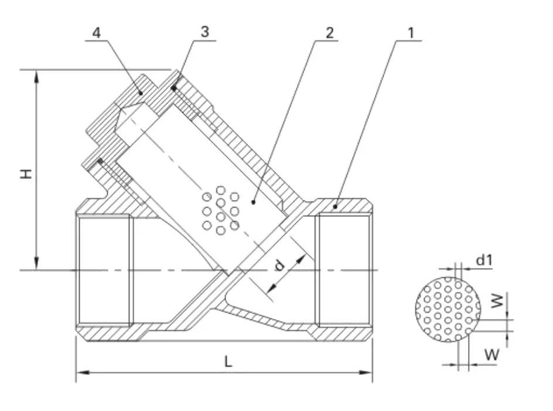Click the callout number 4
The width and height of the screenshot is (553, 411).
96,33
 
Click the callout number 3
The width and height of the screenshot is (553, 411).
205,32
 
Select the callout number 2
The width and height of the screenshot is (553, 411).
329,32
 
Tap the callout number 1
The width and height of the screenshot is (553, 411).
411,33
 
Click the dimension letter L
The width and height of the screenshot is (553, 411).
228,361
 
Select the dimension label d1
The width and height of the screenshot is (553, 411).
484,260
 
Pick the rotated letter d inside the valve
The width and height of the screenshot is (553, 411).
279,265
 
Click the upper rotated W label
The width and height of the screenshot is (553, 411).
497,301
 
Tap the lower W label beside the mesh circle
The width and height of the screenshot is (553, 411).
491,354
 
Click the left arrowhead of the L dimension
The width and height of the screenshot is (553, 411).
83,372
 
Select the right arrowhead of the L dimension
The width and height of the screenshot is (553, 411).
366,372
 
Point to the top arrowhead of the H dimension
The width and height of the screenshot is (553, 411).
36,76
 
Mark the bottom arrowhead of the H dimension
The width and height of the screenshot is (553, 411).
36,264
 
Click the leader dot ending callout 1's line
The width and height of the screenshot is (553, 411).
336,206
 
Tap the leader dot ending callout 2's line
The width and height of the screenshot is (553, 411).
253,202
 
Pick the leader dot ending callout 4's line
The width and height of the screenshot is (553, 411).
141,93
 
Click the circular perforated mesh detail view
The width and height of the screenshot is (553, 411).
448,310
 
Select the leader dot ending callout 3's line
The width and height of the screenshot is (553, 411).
173,88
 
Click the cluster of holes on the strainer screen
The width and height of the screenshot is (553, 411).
221,211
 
